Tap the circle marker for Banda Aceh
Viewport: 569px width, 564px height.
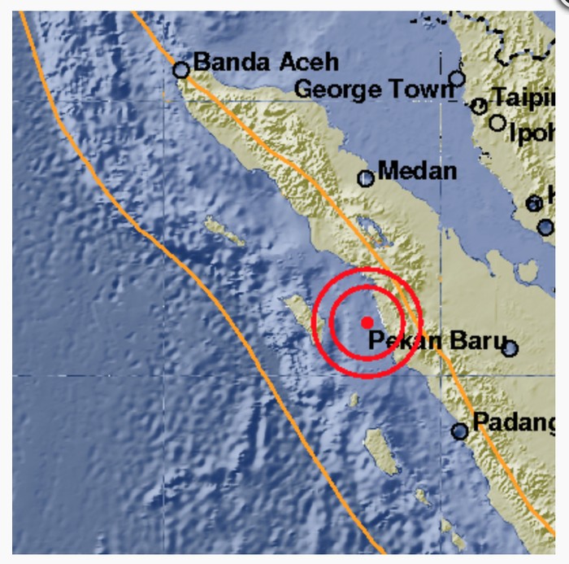[x=181, y=71]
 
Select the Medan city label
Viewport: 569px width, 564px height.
[x=418, y=172]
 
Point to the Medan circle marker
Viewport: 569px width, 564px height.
[x=366, y=179]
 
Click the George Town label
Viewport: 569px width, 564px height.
[x=373, y=89]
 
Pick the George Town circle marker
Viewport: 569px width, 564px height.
[x=458, y=78]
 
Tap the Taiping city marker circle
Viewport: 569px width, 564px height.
[x=480, y=106]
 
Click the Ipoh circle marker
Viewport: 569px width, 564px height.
[x=497, y=123]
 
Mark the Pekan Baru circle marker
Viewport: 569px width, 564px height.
[x=510, y=349]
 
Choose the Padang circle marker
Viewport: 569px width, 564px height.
[x=460, y=431]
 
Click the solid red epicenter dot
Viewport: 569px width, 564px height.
[x=367, y=322]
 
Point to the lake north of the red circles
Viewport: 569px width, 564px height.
[x=371, y=227]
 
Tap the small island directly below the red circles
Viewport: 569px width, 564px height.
[x=354, y=400]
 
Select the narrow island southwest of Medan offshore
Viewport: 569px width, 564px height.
[x=224, y=231]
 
